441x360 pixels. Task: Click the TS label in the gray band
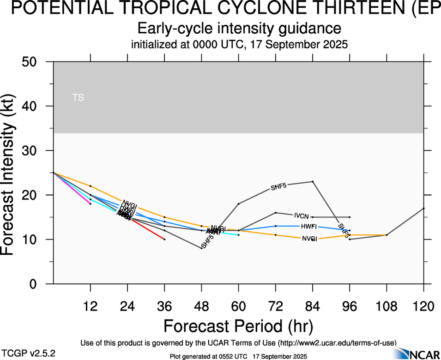(78, 98)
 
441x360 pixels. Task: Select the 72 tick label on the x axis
(275, 306)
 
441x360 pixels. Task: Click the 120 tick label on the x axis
(424, 306)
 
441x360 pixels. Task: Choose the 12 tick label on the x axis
(91, 306)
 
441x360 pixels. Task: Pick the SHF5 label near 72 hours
(278, 187)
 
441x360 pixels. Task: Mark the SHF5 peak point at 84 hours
(313, 181)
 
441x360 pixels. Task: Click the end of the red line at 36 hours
(164, 239)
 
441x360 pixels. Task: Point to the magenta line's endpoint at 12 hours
(91, 204)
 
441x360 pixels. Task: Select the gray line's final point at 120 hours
(424, 208)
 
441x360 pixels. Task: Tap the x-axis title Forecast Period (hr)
(238, 326)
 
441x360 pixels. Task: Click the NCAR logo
(423, 354)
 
